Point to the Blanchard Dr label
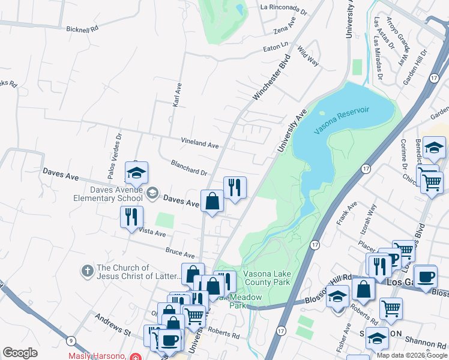(188, 170)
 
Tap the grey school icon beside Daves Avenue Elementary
(152, 193)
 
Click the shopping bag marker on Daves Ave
(212, 201)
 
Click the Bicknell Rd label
(82, 28)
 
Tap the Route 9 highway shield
(71, 341)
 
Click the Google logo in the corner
(20, 353)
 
